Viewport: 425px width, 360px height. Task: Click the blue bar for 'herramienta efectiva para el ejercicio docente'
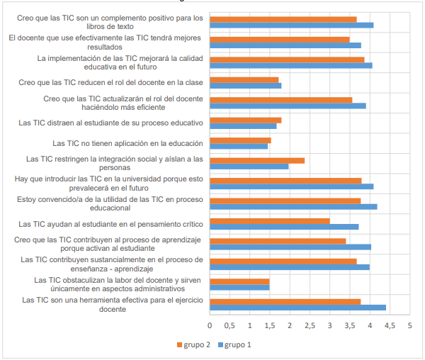pyautogui.click(x=298, y=308)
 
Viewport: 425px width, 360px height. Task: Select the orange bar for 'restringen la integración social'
pyautogui.click(x=257, y=160)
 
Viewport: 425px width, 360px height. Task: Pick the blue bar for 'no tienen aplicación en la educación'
pyautogui.click(x=239, y=147)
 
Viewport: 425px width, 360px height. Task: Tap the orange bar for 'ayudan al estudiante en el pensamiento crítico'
pyautogui.click(x=270, y=220)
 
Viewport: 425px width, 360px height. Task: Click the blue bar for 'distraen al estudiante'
pyautogui.click(x=244, y=126)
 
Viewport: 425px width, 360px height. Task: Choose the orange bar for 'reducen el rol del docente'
pyautogui.click(x=244, y=79)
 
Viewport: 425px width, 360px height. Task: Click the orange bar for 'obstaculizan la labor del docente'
pyautogui.click(x=240, y=281)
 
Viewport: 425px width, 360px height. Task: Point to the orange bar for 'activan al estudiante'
pyautogui.click(x=278, y=241)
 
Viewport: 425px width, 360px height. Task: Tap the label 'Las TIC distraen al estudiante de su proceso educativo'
pyautogui.click(x=111, y=123)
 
